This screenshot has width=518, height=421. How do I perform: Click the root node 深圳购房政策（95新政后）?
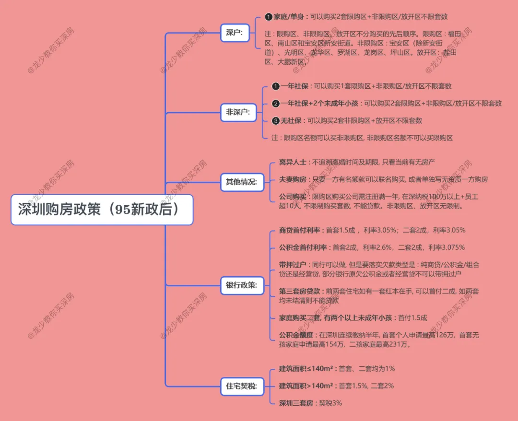[x=102, y=210]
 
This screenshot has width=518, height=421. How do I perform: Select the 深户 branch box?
[x=235, y=33]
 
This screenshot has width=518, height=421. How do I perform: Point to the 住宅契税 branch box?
[x=242, y=386]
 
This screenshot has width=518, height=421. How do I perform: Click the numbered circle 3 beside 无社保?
[x=275, y=121]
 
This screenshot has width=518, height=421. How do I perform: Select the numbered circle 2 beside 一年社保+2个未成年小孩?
[x=275, y=104]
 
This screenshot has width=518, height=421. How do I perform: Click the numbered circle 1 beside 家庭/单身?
[x=269, y=17]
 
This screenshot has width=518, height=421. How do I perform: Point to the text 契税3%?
[x=331, y=403]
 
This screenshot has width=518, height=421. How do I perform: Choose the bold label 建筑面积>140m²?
[x=306, y=386]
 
